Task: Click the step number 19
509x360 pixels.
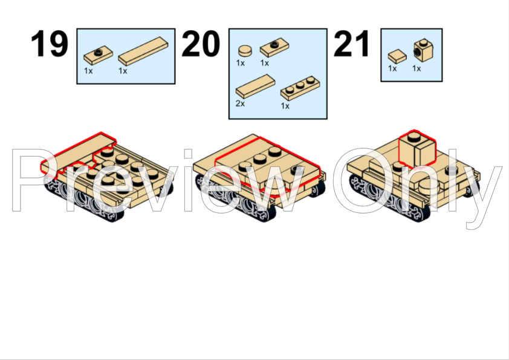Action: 50,44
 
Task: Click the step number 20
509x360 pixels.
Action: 201,44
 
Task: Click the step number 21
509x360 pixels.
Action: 352,44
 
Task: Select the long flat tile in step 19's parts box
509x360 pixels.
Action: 143,51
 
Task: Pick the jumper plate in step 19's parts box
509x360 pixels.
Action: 99,55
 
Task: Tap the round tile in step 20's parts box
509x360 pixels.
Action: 245,51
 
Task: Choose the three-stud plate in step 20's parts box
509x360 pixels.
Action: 300,88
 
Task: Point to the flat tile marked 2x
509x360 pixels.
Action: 256,86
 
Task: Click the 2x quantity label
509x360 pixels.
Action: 240,103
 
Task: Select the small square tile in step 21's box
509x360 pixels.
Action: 397,56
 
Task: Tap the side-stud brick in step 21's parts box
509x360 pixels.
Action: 424,50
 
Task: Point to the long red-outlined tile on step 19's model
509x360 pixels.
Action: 78,152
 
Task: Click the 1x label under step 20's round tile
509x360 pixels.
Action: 240,63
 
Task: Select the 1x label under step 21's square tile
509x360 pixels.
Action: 392,68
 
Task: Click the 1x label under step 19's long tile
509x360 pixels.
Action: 123,71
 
